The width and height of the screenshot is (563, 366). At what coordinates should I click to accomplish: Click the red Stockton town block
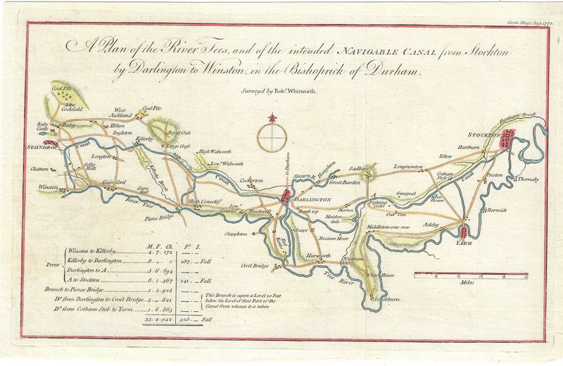tap(508, 138)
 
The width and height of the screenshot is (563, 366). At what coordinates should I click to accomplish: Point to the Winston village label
tap(49, 187)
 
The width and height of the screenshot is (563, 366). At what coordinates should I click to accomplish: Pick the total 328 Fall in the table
tap(190, 320)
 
